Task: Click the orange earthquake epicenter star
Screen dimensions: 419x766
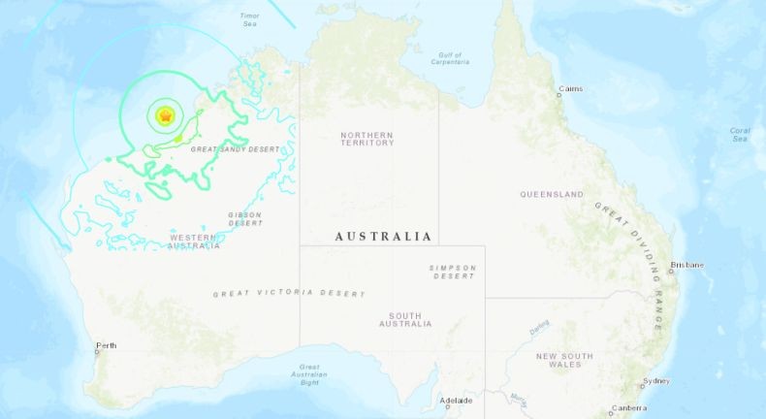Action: coord(166,116)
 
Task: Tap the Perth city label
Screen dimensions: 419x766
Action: coord(106,346)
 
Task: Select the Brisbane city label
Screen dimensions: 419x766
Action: coord(687,265)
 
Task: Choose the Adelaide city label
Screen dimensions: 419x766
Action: coord(456,400)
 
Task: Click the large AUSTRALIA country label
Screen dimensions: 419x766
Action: coord(383,237)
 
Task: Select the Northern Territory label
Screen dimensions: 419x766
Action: coord(367,139)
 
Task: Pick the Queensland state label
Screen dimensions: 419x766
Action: coord(552,194)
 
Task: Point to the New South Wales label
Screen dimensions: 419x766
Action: coord(566,361)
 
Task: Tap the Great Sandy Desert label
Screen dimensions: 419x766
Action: coord(235,149)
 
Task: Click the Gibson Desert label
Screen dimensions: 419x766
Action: coord(245,219)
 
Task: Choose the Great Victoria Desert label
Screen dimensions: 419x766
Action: coord(289,293)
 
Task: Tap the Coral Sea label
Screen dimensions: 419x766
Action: coord(739,134)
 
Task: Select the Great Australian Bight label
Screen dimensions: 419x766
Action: coord(310,374)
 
